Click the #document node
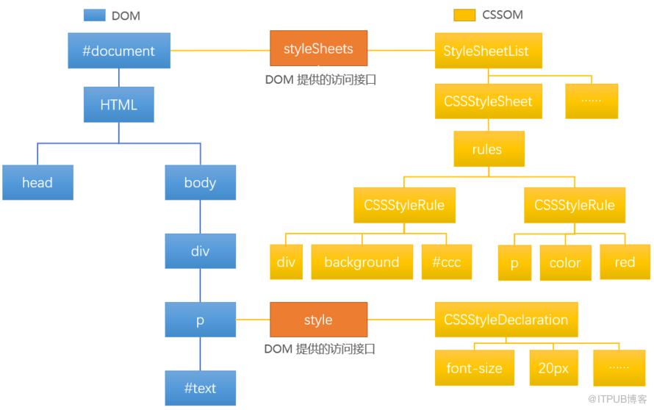[x=119, y=51]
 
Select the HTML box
[x=119, y=104]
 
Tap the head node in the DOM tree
[x=37, y=182]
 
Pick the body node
[x=200, y=182]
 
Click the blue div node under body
[x=200, y=251]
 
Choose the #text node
[x=200, y=388]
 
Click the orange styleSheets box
[x=319, y=48]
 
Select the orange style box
[x=319, y=320]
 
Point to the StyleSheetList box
[x=489, y=51]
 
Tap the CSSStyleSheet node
[x=489, y=101]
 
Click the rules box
[x=489, y=149]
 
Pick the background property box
[x=362, y=262]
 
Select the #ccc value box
[x=447, y=262]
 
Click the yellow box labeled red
[x=625, y=262]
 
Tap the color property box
[x=566, y=263]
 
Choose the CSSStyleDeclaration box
[x=506, y=320]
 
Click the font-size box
[x=475, y=367]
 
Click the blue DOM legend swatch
[x=95, y=15]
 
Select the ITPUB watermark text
[x=617, y=399]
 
